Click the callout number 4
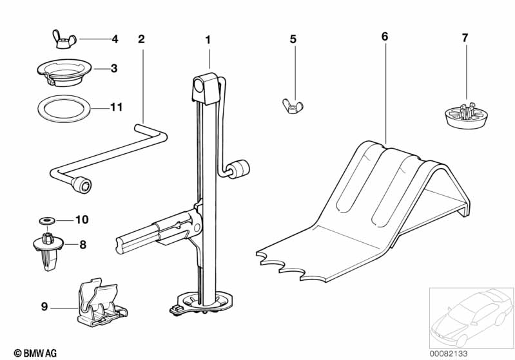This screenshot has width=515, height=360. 115,39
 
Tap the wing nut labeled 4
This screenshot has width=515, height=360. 64,39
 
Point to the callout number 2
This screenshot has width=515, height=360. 141,39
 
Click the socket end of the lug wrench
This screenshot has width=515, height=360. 82,185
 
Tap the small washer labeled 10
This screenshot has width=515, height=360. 47,220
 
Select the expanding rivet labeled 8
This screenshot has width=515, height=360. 48,250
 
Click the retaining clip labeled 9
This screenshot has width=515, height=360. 101,303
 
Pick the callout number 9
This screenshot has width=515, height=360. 44,307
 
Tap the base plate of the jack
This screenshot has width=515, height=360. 201,304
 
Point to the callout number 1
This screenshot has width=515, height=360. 208,40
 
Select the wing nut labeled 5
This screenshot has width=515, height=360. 293,106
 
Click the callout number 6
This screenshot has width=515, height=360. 385,36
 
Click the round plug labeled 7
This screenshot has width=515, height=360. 466,115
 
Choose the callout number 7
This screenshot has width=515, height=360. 465,38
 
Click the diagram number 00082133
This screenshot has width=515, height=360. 449,354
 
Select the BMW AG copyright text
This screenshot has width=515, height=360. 35,353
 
